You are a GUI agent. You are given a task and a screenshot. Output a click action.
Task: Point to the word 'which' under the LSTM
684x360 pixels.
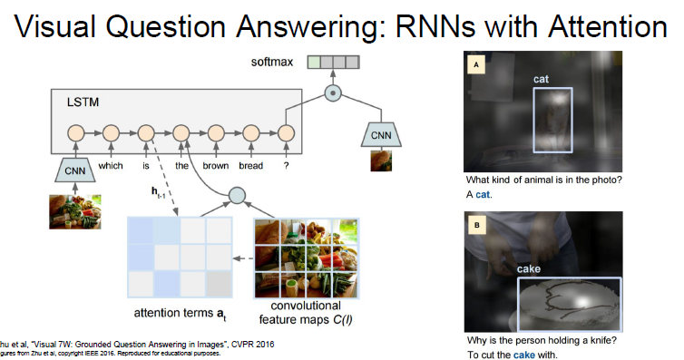(111, 165)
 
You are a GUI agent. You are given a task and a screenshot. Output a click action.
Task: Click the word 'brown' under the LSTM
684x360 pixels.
(215, 165)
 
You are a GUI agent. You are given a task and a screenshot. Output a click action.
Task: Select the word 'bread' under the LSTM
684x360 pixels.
(251, 165)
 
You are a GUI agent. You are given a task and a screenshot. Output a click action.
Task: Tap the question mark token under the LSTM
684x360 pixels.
(286, 165)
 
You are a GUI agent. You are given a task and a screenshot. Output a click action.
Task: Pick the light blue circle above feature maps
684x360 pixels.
(237, 195)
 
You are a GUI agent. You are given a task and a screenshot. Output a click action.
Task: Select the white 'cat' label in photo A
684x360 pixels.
(541, 80)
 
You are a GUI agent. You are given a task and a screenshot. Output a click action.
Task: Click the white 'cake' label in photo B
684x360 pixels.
(529, 269)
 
